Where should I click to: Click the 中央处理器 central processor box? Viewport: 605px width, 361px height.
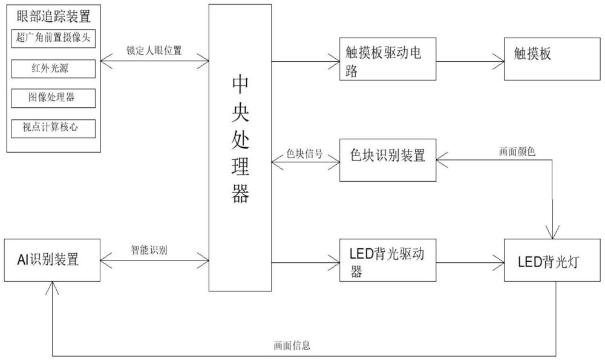240,147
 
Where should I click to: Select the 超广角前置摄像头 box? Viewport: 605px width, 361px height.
53,38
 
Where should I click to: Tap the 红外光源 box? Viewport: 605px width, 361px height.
53,68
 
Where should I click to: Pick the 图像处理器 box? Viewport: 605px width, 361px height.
53,98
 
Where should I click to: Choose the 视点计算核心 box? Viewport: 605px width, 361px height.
53,128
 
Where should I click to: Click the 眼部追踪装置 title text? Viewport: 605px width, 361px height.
54,16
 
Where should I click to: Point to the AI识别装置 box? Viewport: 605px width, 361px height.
52,260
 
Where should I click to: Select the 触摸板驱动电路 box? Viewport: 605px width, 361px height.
388,59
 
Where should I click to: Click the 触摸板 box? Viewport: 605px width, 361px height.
552,59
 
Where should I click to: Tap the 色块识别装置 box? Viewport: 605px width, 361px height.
388,160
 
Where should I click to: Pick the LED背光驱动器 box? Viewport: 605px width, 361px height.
388,260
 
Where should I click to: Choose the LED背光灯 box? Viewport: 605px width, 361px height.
552,260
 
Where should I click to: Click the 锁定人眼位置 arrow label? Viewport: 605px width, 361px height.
154,50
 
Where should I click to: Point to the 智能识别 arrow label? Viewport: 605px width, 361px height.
149,250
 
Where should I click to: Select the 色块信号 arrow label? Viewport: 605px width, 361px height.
304,154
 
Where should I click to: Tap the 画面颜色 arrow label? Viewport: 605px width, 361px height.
517,151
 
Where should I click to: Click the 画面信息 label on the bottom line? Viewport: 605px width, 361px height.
292,345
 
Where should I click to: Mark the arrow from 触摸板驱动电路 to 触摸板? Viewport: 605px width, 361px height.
470,61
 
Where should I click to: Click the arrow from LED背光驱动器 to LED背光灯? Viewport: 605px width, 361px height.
470,263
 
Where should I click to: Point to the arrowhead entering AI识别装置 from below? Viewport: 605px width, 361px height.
52,288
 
